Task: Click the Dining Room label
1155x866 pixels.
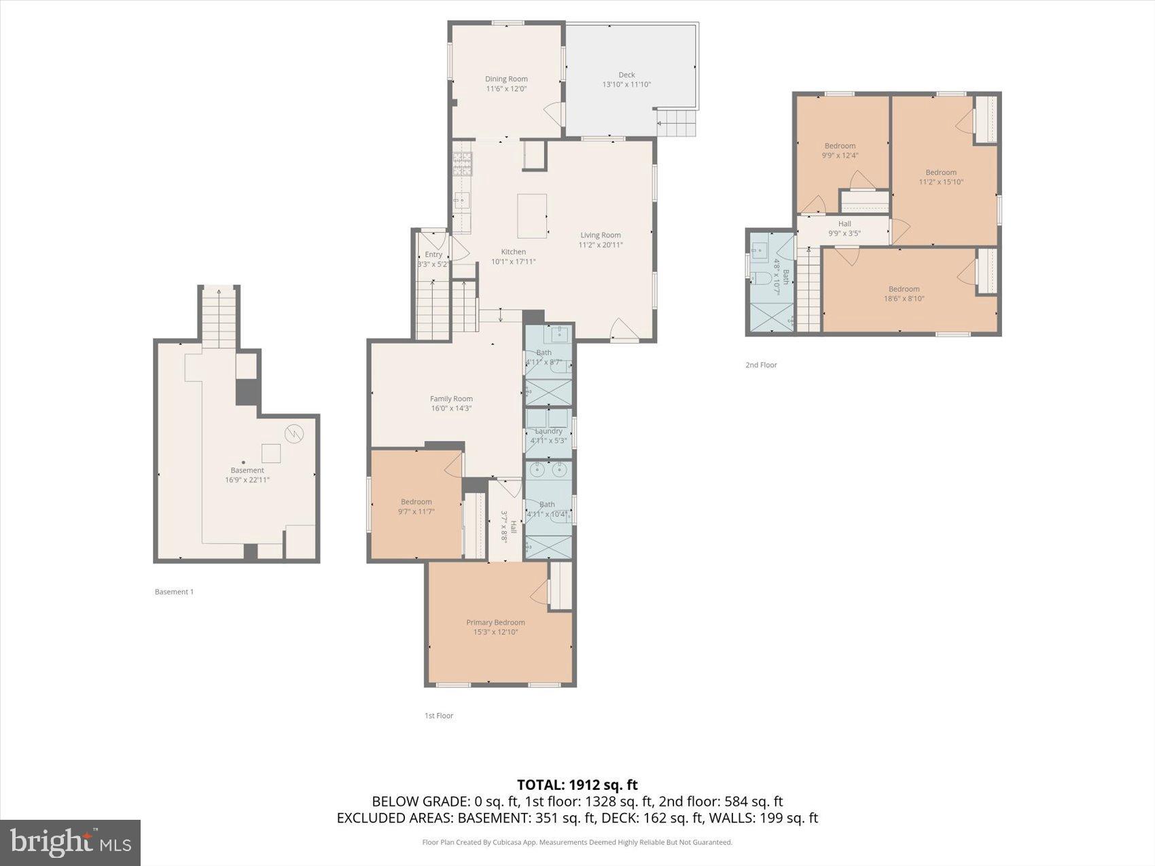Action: pos(506,79)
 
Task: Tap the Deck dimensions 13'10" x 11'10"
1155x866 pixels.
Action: pos(626,85)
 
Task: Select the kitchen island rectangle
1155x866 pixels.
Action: pos(532,216)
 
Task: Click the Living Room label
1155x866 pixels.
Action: pos(601,235)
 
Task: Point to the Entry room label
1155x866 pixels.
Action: pos(433,254)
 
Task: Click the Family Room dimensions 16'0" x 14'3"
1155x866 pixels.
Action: pos(451,408)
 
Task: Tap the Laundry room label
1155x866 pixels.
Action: pos(548,431)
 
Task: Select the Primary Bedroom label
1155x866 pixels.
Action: pos(495,622)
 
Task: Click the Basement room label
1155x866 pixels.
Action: pos(247,470)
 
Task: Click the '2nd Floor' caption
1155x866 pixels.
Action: pos(761,365)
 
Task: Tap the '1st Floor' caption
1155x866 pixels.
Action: pos(439,715)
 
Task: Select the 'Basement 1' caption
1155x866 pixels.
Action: pos(174,592)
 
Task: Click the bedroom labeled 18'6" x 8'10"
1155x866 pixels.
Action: pos(904,293)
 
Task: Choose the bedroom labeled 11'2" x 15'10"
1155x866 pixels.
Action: pos(941,177)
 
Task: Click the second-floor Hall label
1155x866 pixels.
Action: pos(845,223)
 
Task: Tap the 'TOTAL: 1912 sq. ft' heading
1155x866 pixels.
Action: pos(577,785)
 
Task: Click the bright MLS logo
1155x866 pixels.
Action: pos(71,843)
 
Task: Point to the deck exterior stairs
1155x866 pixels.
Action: pos(677,123)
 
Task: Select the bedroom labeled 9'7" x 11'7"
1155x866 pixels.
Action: pos(416,506)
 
